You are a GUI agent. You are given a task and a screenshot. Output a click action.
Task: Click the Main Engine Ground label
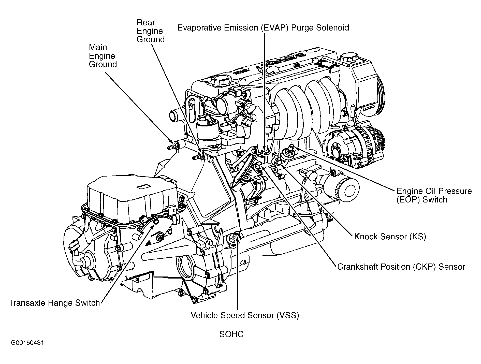tap(103, 56)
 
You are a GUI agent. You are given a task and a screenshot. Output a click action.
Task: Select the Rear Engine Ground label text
tap(150, 31)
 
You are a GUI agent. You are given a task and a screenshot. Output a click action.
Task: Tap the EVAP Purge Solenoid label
tap(263, 27)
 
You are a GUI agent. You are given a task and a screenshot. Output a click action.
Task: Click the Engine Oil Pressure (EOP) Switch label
tap(434, 195)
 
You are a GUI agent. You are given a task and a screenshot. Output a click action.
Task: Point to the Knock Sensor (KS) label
tap(390, 237)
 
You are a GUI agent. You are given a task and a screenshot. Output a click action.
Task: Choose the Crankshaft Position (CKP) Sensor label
tap(401, 267)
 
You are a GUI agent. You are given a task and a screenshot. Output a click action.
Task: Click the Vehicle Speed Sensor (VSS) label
tap(245, 315)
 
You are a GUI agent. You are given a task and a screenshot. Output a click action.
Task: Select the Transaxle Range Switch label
tap(55, 303)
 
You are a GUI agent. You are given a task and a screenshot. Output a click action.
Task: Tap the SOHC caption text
tap(231, 334)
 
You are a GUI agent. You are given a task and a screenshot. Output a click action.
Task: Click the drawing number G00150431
tap(27, 343)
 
